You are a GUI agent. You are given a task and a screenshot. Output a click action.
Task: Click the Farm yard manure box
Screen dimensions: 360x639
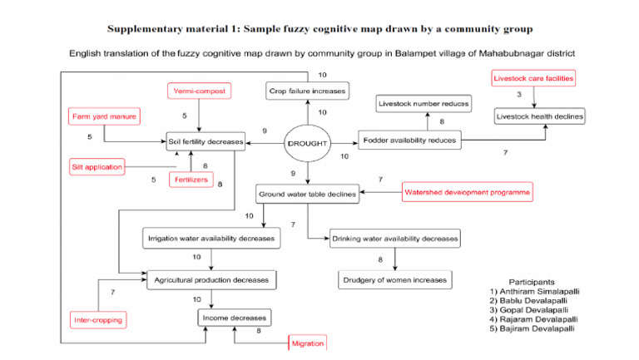[x=103, y=116]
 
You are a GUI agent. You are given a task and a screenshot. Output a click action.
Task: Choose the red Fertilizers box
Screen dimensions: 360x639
[x=190, y=179]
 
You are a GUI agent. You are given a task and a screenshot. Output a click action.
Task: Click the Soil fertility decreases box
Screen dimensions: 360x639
[x=206, y=142]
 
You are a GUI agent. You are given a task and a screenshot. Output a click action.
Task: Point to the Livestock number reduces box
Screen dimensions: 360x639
[x=424, y=104]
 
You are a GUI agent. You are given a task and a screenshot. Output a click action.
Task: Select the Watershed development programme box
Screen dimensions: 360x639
[x=467, y=193]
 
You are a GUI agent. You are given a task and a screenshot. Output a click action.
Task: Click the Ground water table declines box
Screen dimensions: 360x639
[x=308, y=195]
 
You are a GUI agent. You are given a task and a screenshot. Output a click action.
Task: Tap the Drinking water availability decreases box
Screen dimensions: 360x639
[x=394, y=239]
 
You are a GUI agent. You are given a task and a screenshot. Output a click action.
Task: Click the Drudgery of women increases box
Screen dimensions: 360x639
[x=394, y=279]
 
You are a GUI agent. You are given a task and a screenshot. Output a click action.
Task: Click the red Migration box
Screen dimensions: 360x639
[x=306, y=343]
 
